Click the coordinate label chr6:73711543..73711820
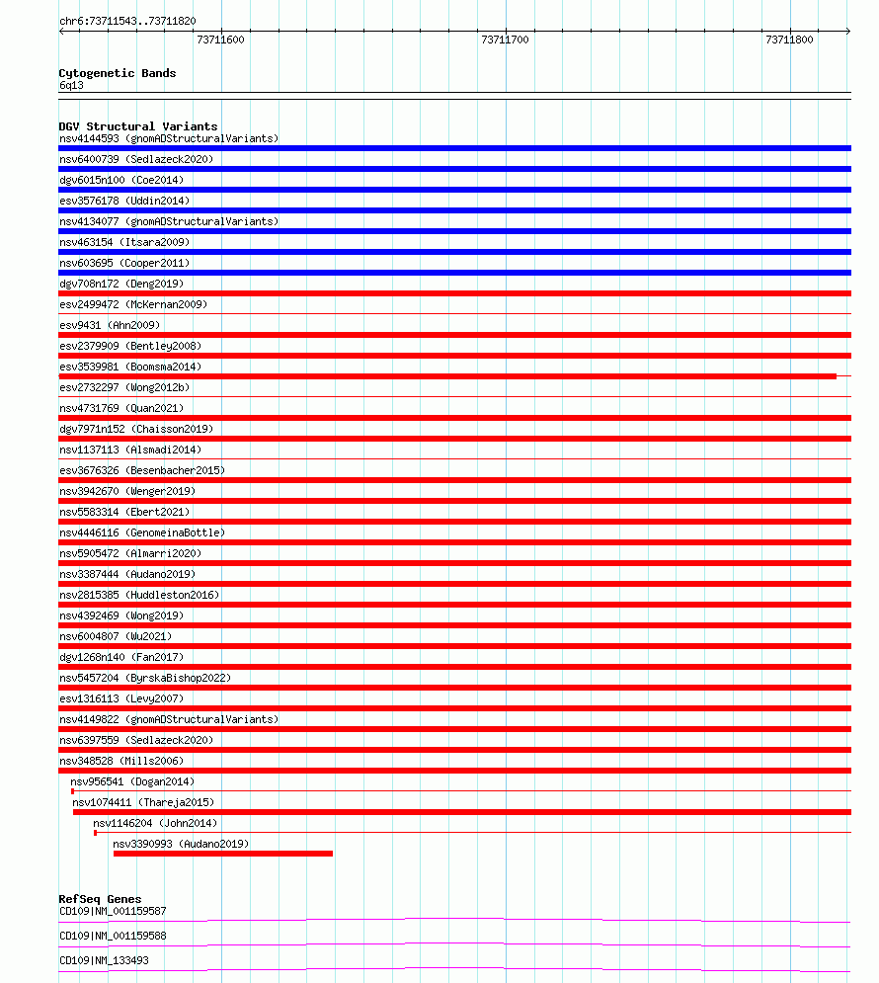[127, 21]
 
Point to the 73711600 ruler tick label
[220, 41]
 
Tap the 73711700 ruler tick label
[505, 41]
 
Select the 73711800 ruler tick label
[789, 41]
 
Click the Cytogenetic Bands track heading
[117, 73]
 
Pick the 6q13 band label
[71, 85]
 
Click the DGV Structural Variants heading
[137, 126]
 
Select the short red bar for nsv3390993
[223, 854]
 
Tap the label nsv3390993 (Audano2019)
[181, 844]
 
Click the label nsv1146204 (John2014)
[155, 823]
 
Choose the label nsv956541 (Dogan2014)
[132, 781]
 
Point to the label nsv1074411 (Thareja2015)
[143, 802]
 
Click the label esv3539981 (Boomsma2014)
[129, 367]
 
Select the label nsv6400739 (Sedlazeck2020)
[135, 159]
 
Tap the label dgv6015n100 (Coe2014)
[120, 180]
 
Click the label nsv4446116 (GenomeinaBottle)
[141, 532]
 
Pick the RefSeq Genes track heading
[100, 899]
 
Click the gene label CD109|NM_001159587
[113, 911]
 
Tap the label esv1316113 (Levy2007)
[120, 698]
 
